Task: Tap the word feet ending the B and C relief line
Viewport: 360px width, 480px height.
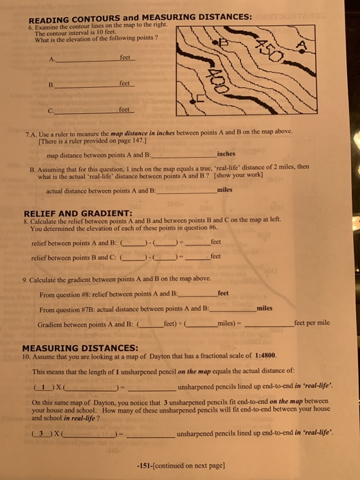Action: (217, 256)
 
